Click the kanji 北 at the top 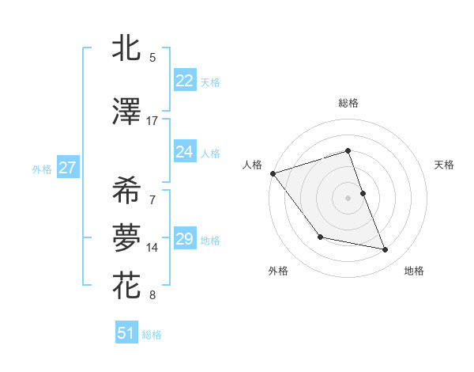pos(127,48)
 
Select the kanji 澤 pos(127,112)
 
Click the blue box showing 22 pos(184,81)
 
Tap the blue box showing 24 pos(184,152)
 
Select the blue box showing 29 pos(184,239)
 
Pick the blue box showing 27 pos(67,168)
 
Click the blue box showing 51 pos(126,333)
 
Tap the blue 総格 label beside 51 pos(152,335)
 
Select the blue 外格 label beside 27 pos(42,169)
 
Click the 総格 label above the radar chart pos(348,103)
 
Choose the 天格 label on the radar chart pos(445,165)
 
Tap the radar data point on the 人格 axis pos(273,173)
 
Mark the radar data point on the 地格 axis pos(386,250)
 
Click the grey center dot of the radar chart pos(348,197)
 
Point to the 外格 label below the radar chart pos(278,271)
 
